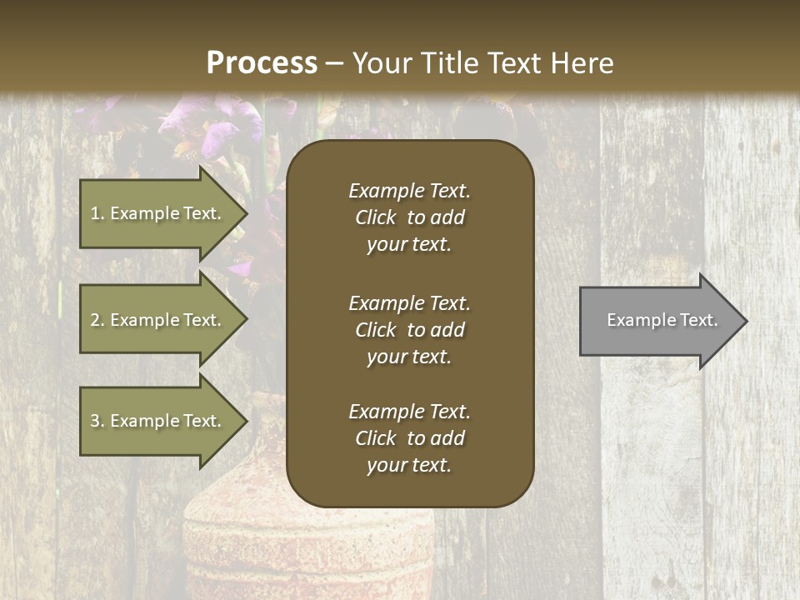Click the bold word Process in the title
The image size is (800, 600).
262,63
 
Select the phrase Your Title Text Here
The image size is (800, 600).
482,63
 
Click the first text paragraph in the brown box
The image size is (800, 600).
409,217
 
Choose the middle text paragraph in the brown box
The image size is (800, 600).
409,330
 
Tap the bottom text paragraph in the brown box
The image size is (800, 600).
409,438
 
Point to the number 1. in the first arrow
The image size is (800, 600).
97,213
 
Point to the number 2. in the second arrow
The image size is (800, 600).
97,320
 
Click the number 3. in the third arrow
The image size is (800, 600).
97,421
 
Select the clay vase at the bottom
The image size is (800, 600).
308,550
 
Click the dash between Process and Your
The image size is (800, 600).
334,63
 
